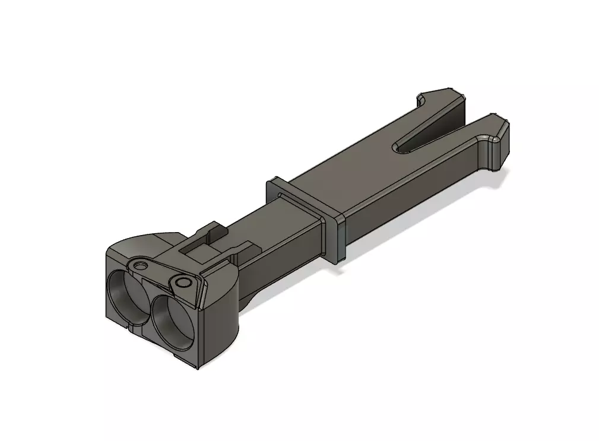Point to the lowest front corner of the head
[x=197, y=367]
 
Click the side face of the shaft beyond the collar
[x=404, y=202]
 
